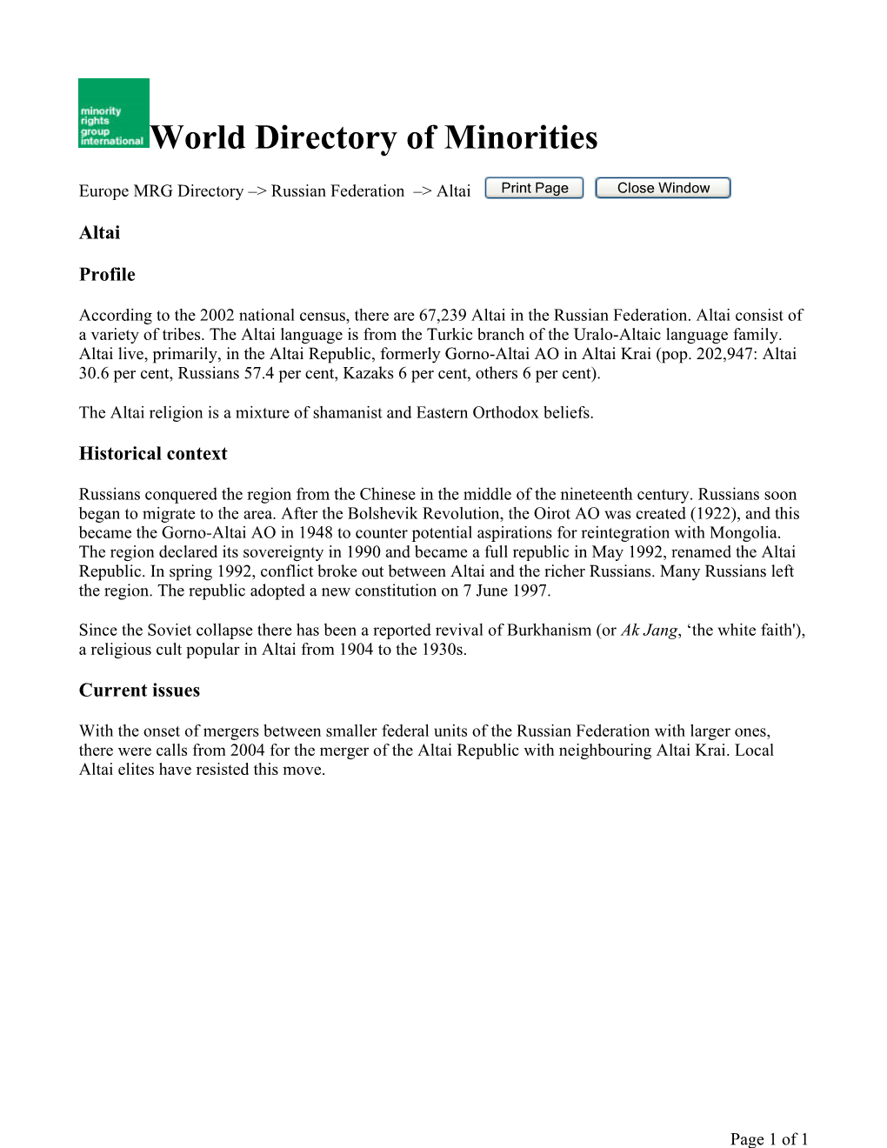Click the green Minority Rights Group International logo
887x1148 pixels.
(113, 113)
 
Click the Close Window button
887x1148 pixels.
(663, 188)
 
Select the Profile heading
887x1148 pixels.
(107, 275)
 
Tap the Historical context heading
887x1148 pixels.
(153, 454)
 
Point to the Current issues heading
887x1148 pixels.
(139, 691)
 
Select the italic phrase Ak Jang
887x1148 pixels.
(649, 631)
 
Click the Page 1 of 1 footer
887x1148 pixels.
(769, 1139)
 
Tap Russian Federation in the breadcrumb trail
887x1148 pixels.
(337, 191)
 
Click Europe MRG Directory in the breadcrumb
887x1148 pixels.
(161, 191)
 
